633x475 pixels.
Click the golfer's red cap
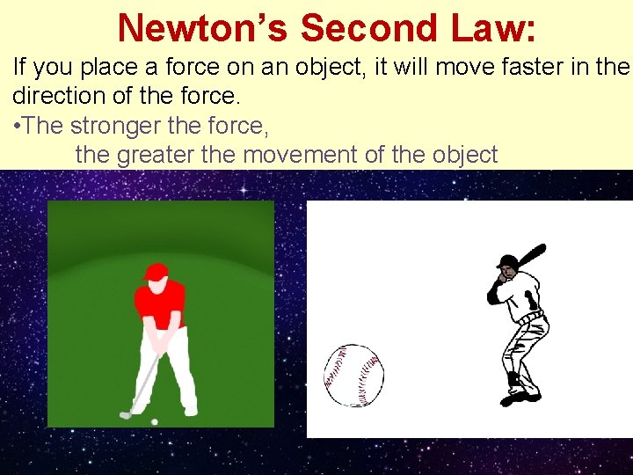point(156,272)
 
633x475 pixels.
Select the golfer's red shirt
point(160,301)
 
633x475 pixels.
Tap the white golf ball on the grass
point(155,422)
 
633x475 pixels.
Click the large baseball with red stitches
point(353,376)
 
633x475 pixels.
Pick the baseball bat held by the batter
point(529,258)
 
